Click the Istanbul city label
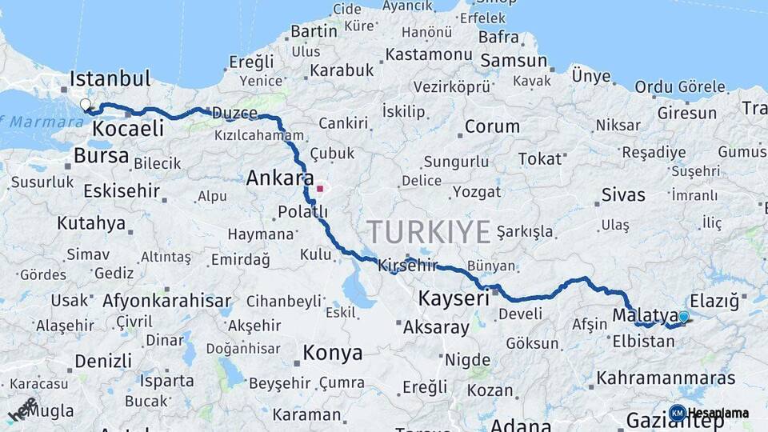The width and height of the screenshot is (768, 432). tap(110, 78)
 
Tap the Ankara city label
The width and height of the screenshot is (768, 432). tap(279, 178)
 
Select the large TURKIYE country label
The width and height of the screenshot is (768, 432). tap(429, 232)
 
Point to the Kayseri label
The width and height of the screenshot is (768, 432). tap(454, 298)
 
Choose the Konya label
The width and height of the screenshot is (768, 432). tap(332, 353)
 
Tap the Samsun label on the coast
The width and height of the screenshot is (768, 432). tap(514, 61)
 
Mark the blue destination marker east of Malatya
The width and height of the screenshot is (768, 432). tap(683, 317)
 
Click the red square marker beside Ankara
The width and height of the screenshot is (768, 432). tap(320, 190)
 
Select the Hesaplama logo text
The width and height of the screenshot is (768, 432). tap(718, 414)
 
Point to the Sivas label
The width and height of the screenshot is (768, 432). tap(623, 194)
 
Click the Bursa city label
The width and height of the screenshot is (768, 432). tap(101, 155)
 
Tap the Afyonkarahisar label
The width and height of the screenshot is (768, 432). tap(166, 301)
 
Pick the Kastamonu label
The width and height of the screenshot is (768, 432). tap(429, 54)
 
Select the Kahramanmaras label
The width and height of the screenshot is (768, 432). tap(666, 378)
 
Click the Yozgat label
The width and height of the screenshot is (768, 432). tap(477, 192)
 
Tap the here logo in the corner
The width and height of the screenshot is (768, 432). tap(22, 409)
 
